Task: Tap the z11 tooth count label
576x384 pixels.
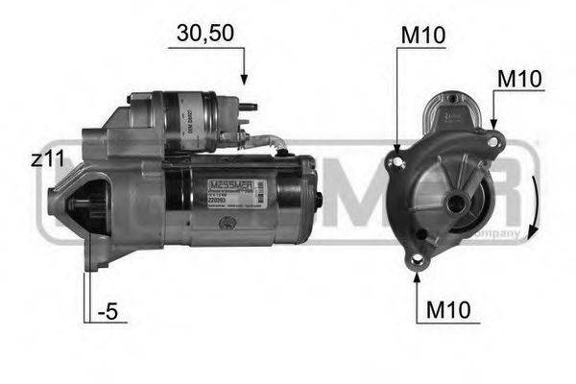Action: click(x=47, y=160)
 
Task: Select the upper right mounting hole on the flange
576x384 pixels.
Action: click(x=492, y=142)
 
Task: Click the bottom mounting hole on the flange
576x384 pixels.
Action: click(x=416, y=259)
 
